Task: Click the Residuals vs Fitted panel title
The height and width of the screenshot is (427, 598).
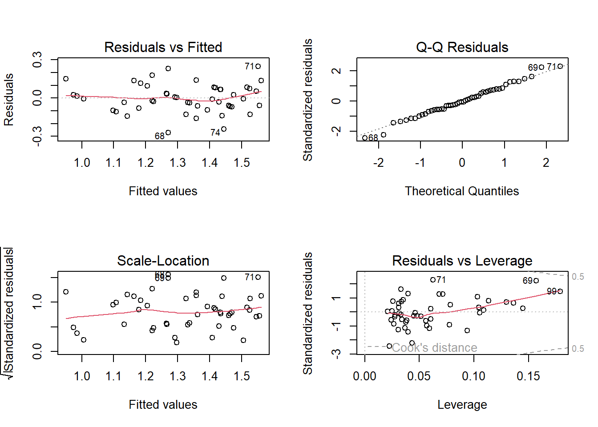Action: tap(163, 47)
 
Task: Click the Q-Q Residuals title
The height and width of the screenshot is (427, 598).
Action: tap(462, 47)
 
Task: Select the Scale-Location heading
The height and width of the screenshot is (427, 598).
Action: tap(163, 261)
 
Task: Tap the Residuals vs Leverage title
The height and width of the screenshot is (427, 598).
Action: tap(462, 261)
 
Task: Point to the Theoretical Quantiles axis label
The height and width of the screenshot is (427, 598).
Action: tap(462, 191)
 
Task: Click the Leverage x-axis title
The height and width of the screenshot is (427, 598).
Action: tap(462, 405)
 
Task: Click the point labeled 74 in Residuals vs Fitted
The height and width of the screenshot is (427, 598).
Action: tap(224, 129)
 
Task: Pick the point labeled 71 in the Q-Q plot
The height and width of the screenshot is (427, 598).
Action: tap(560, 66)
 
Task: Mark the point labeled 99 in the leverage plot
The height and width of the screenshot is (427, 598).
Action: tap(560, 291)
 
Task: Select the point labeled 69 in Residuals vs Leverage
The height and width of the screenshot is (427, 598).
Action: tap(536, 281)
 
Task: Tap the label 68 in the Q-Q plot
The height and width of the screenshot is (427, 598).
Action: tap(373, 138)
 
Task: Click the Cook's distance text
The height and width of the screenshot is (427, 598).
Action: tap(434, 348)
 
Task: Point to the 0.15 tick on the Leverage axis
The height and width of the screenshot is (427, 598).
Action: tap(528, 376)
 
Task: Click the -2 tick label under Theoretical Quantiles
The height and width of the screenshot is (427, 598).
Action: tap(378, 163)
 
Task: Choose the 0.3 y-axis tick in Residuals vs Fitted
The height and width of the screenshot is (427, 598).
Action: tap(37, 60)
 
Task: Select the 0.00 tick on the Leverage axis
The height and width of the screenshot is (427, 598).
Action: tap(365, 376)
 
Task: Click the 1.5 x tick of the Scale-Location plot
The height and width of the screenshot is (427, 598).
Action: tap(242, 376)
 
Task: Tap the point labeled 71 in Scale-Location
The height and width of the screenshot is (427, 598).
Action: tap(258, 277)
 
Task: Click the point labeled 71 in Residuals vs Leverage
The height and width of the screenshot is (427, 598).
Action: tap(433, 280)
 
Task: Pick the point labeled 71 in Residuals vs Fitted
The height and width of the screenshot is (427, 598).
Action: tap(258, 66)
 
